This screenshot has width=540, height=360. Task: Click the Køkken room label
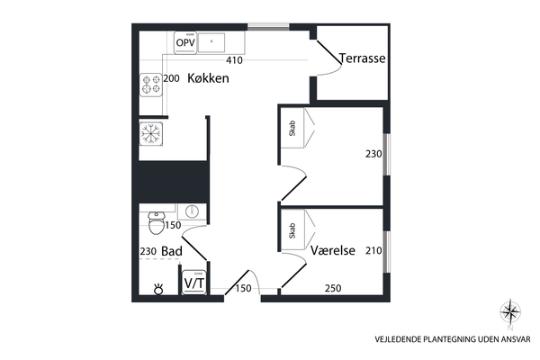click(208, 78)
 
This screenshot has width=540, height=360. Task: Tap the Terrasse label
click(363, 58)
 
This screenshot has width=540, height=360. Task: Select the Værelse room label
click(333, 250)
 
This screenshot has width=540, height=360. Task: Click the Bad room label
click(172, 251)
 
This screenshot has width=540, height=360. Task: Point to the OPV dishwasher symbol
click(185, 42)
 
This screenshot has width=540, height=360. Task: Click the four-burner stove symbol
click(151, 85)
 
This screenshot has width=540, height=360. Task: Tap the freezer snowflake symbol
click(151, 133)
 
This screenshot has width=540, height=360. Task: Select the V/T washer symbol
click(194, 283)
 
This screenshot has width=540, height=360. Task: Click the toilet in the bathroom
click(157, 223)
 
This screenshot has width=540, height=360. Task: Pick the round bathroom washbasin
click(192, 211)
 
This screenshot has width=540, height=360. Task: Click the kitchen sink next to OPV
click(211, 42)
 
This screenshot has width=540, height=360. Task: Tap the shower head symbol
click(158, 289)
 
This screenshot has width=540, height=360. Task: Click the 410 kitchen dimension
click(234, 60)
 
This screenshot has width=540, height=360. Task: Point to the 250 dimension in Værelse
click(333, 288)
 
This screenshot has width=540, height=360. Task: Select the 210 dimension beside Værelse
click(373, 250)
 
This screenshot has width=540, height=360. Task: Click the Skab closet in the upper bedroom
click(292, 128)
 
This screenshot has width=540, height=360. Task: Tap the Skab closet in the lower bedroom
click(292, 230)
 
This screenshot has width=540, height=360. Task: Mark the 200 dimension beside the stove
click(171, 78)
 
